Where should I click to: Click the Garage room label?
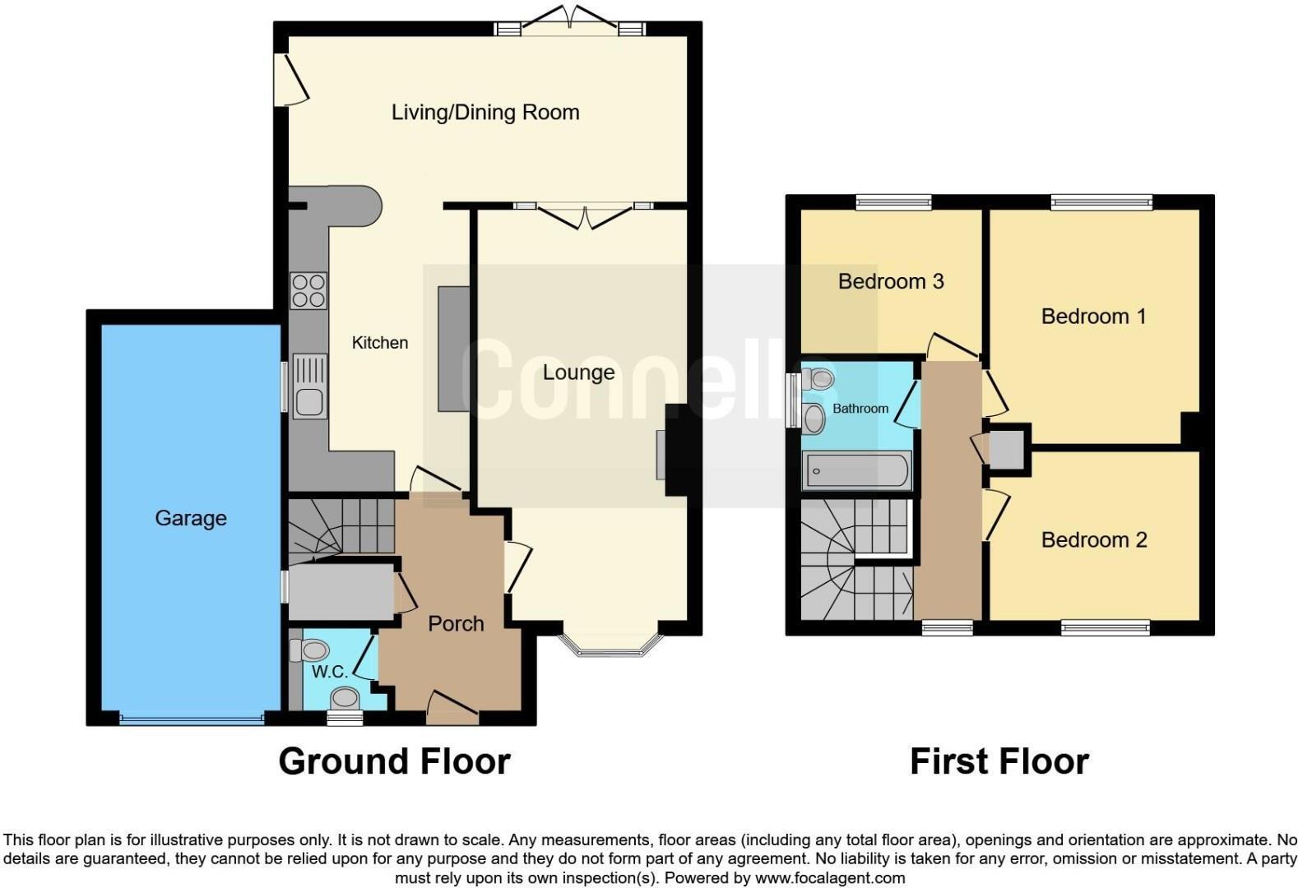[190, 518]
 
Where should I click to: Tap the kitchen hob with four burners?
[308, 290]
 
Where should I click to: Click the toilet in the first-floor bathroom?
[818, 379]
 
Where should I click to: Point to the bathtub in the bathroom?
[856, 471]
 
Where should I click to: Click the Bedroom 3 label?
[890, 281]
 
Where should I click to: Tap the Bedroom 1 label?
[1092, 316]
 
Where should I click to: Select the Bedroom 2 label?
[1093, 539]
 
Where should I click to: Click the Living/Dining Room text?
[484, 112]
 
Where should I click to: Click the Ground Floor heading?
[394, 761]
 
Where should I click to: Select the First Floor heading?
[999, 761]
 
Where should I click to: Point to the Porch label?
[456, 623]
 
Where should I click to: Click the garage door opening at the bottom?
[191, 719]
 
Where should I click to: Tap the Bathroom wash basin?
[814, 418]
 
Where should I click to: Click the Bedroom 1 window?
[1101, 201]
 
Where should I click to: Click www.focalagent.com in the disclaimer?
[830, 877]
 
